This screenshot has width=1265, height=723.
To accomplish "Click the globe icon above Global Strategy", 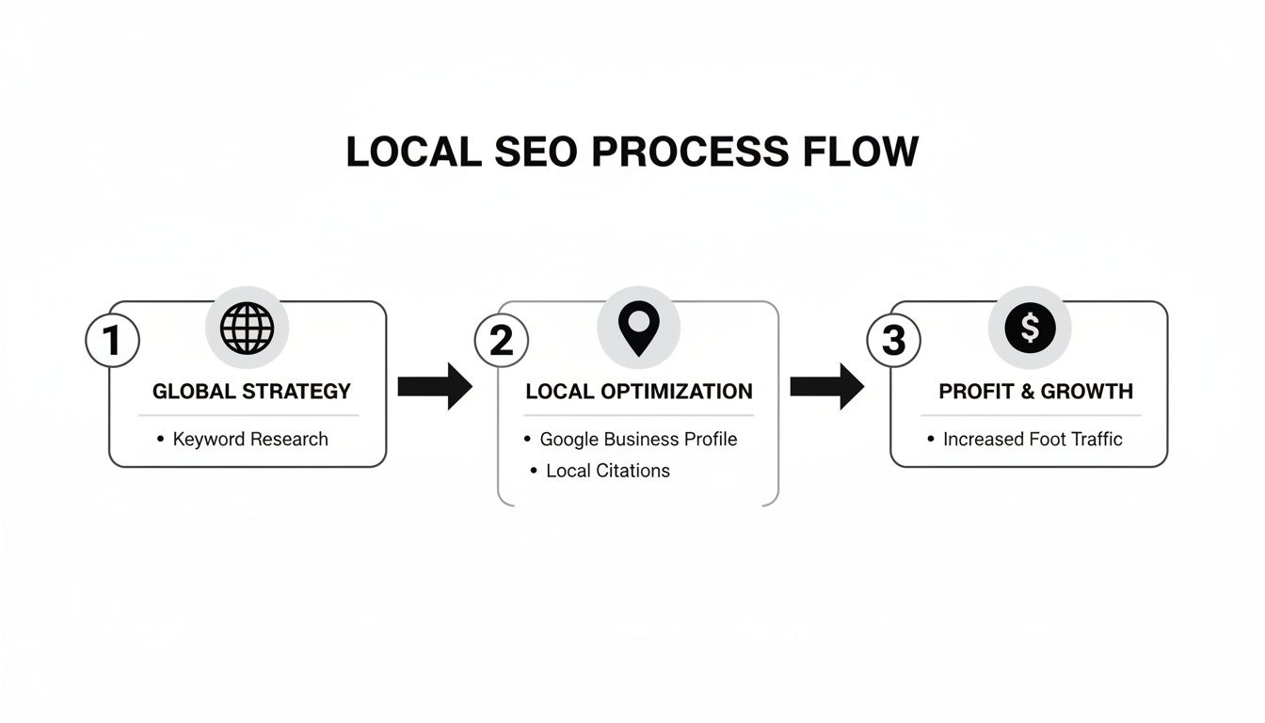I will click(x=247, y=329).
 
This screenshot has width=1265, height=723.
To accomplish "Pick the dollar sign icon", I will click(x=1030, y=329).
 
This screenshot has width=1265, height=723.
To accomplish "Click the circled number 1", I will click(x=112, y=340).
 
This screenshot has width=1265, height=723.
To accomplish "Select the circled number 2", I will click(x=502, y=340).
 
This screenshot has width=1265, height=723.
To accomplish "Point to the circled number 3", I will click(x=893, y=340).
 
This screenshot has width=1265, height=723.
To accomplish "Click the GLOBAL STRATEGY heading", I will click(x=251, y=392).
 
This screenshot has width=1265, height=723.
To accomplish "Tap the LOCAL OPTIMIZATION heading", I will click(x=639, y=392).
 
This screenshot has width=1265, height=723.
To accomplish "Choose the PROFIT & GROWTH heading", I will click(x=1035, y=392).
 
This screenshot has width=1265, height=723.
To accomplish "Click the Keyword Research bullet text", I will click(x=250, y=439).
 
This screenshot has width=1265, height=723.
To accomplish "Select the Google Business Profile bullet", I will click(x=638, y=440).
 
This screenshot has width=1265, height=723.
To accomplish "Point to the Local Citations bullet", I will click(x=607, y=471).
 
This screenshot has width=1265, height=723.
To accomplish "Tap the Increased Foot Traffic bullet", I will click(x=1033, y=439).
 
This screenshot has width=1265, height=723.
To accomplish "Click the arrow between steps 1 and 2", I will click(x=434, y=386).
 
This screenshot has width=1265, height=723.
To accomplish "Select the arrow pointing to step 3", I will click(x=825, y=386).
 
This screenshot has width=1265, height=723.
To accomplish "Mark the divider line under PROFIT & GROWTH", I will click(x=1030, y=415).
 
